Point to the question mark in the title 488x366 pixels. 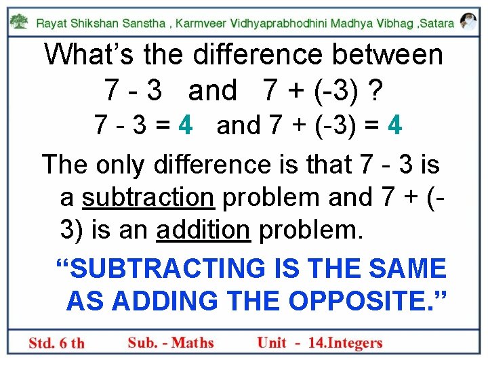371,90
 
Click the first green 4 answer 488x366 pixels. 184,126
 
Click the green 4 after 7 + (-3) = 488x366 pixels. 396,126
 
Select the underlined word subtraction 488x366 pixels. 148,197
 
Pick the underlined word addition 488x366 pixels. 203,230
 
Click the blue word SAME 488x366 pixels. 409,268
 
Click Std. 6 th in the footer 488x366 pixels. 57,343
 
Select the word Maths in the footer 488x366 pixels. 193,343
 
